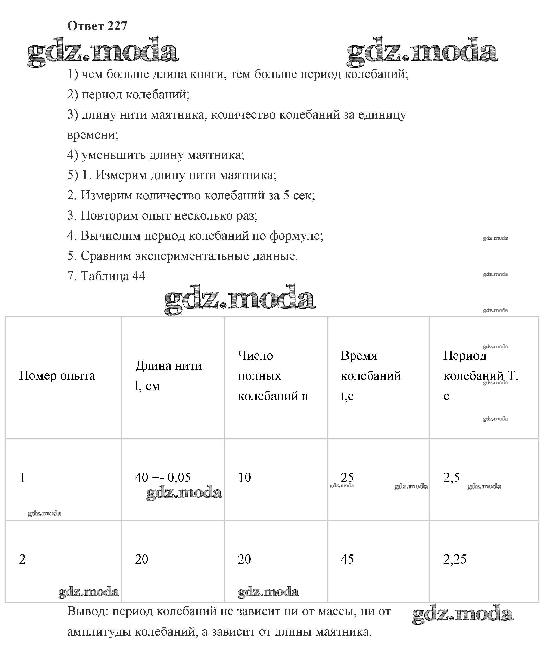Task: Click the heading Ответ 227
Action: click(x=97, y=26)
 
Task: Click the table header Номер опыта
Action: click(x=57, y=375)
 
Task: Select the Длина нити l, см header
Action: click(x=169, y=375)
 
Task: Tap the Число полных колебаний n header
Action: click(x=273, y=375)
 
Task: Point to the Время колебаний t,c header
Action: click(x=371, y=375)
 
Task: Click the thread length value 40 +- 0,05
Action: click(x=163, y=477)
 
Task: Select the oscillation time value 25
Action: click(x=347, y=477)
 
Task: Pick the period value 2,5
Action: click(x=452, y=477)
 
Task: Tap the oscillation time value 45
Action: click(x=347, y=559)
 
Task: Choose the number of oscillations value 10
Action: click(x=244, y=477)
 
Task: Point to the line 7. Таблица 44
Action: click(x=106, y=276)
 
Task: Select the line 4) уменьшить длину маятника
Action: click(x=156, y=155)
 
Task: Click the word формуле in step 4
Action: click(x=296, y=236)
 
